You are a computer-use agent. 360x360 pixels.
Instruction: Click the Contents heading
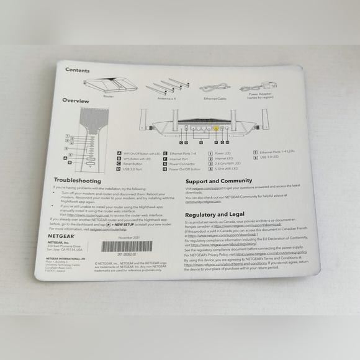click(78, 70)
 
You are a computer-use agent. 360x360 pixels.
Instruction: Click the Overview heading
click(76, 101)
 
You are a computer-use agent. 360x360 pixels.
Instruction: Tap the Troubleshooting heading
click(81, 180)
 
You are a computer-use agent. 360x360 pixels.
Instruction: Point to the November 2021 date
click(130, 237)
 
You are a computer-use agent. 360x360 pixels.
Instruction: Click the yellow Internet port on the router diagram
click(215, 129)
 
